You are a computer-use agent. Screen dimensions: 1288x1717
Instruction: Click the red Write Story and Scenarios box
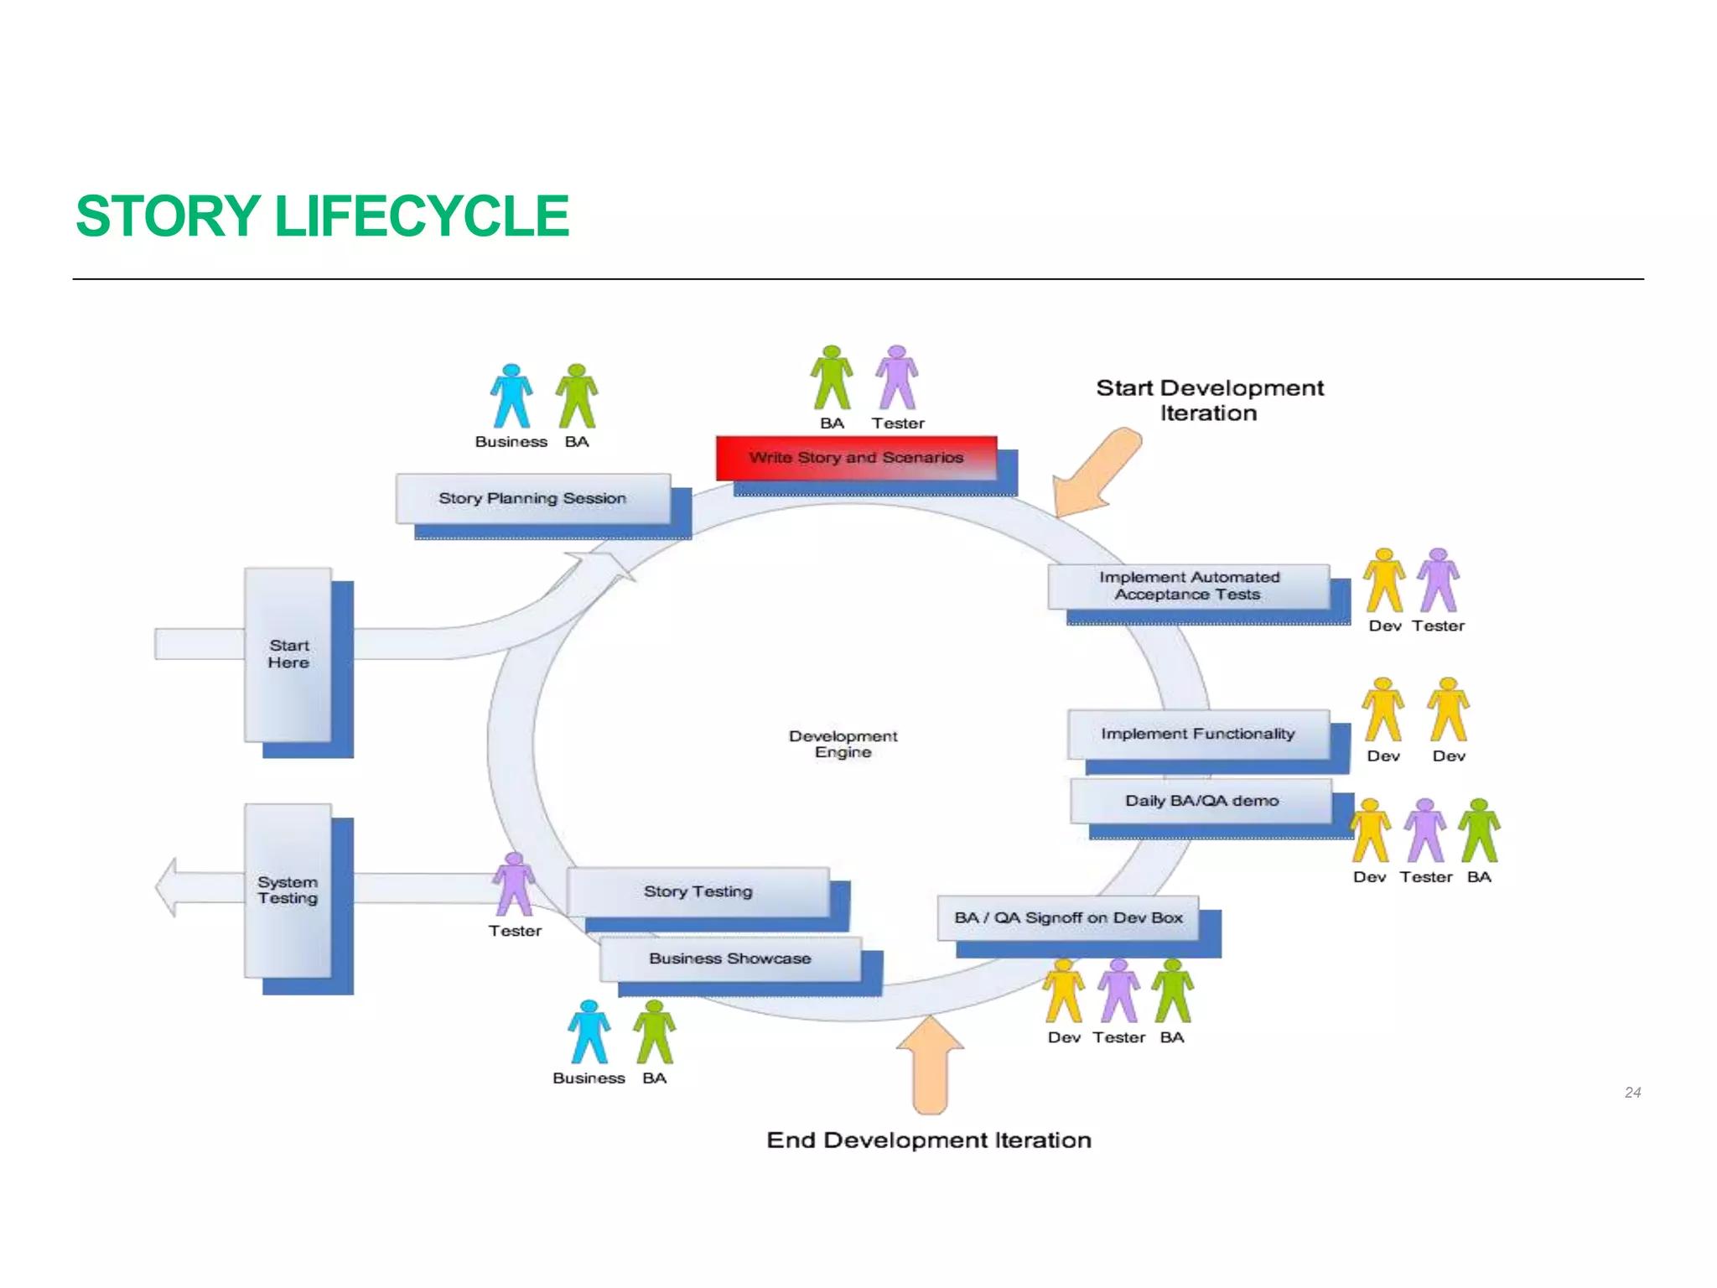point(856,458)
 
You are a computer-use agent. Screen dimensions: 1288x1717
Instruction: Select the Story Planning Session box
point(532,498)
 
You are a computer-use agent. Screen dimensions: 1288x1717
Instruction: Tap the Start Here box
point(288,654)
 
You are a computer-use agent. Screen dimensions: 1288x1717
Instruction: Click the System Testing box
point(288,890)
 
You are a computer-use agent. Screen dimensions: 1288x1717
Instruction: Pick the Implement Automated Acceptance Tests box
point(1189,586)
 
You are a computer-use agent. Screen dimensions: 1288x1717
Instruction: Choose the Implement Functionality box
point(1197,734)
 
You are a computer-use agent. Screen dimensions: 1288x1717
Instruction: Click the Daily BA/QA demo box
point(1201,801)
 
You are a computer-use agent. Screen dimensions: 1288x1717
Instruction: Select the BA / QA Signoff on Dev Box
point(1067,917)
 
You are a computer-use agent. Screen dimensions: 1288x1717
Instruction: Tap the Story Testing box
point(698,891)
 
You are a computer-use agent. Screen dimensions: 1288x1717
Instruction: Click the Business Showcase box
point(729,958)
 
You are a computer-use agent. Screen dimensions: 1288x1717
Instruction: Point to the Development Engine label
point(843,744)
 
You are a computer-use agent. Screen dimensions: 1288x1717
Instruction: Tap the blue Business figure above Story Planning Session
point(511,397)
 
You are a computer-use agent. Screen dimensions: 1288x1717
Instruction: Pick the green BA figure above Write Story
point(832,378)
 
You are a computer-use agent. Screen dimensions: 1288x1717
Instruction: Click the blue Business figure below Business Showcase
point(589,1032)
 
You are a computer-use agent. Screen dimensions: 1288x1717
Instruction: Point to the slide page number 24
point(1631,1093)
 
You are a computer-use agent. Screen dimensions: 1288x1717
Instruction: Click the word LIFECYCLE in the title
point(422,216)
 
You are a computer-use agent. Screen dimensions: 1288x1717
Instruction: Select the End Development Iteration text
point(929,1140)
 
